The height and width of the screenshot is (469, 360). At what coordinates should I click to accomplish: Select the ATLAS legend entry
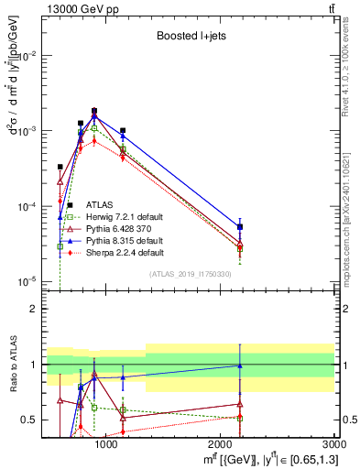click(x=100, y=204)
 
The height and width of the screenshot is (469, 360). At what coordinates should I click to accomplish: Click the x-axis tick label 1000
click(x=107, y=444)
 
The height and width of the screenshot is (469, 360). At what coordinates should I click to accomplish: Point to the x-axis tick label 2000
click(x=221, y=444)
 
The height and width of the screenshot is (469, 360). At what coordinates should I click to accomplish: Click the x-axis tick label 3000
click(x=334, y=444)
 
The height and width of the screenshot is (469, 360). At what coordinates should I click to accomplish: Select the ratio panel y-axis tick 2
click(x=34, y=310)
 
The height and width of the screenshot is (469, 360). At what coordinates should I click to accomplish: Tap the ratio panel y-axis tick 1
click(x=34, y=365)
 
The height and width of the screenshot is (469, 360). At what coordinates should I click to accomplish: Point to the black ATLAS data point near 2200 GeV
click(x=240, y=226)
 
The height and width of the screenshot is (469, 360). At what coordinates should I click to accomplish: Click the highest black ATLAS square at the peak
click(x=93, y=111)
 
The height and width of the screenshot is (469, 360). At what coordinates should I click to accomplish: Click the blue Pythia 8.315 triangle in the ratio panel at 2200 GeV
click(x=240, y=365)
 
